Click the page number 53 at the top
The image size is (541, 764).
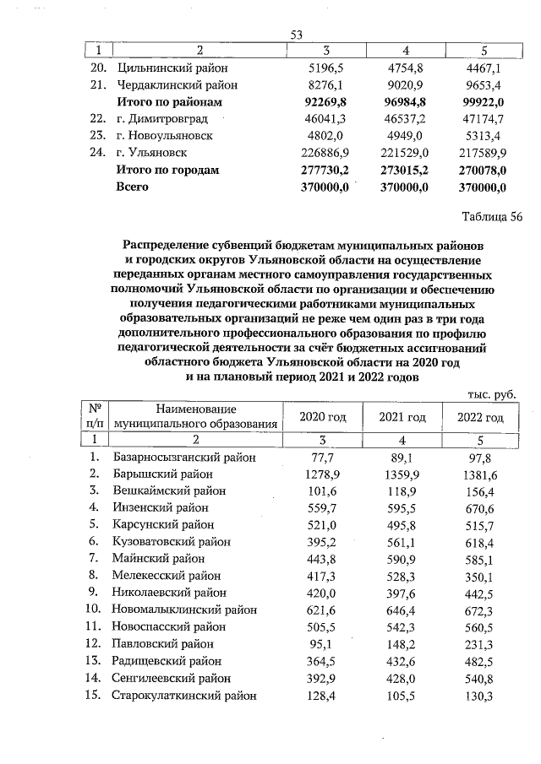pyautogui.click(x=297, y=35)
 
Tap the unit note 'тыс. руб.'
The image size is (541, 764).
pyautogui.click(x=491, y=394)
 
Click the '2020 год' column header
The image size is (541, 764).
pyautogui.click(x=324, y=418)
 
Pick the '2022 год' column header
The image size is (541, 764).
pyautogui.click(x=480, y=418)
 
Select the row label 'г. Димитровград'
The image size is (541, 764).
pyautogui.click(x=161, y=119)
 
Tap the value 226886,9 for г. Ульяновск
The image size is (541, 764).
pyautogui.click(x=317, y=153)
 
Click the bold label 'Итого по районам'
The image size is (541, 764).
pyautogui.click(x=167, y=102)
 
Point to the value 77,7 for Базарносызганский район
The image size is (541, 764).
pyautogui.click(x=325, y=458)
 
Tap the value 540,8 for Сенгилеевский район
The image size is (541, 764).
pyautogui.click(x=480, y=678)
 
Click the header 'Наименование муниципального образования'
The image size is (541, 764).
pyautogui.click(x=195, y=417)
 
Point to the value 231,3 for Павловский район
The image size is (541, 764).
pyautogui.click(x=480, y=643)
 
